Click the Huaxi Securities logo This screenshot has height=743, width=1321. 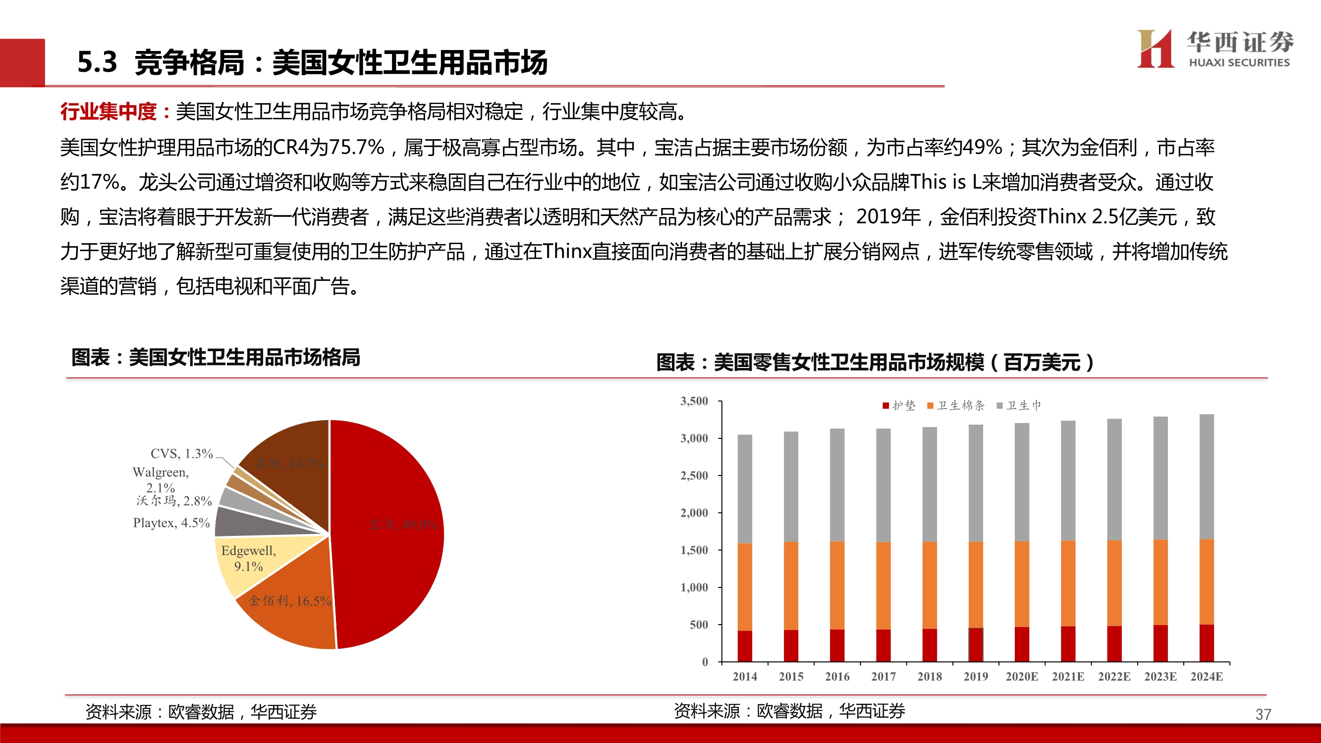(1214, 49)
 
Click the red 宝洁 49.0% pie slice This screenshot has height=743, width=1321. (390, 533)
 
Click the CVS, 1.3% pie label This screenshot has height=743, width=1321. (181, 454)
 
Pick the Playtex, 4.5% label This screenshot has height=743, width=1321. (171, 523)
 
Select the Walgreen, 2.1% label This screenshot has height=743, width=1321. (161, 480)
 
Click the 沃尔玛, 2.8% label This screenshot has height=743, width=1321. (174, 501)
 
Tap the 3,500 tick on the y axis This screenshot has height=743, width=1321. (694, 401)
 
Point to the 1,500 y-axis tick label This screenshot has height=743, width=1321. (694, 550)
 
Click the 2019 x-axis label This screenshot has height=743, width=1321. (975, 676)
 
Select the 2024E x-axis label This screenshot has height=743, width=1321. (1206, 676)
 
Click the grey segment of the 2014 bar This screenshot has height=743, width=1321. (745, 487)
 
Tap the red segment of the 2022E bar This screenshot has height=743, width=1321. (1114, 643)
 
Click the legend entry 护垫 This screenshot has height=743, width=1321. (898, 406)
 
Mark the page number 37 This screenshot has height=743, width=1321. (1263, 714)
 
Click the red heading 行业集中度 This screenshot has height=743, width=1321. (108, 111)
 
